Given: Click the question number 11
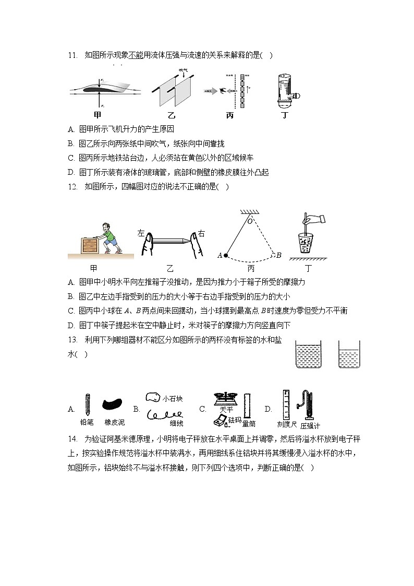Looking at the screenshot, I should click(x=72, y=54).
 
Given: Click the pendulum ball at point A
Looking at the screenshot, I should click(x=226, y=256).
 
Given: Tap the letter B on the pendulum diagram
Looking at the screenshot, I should click(x=279, y=255).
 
